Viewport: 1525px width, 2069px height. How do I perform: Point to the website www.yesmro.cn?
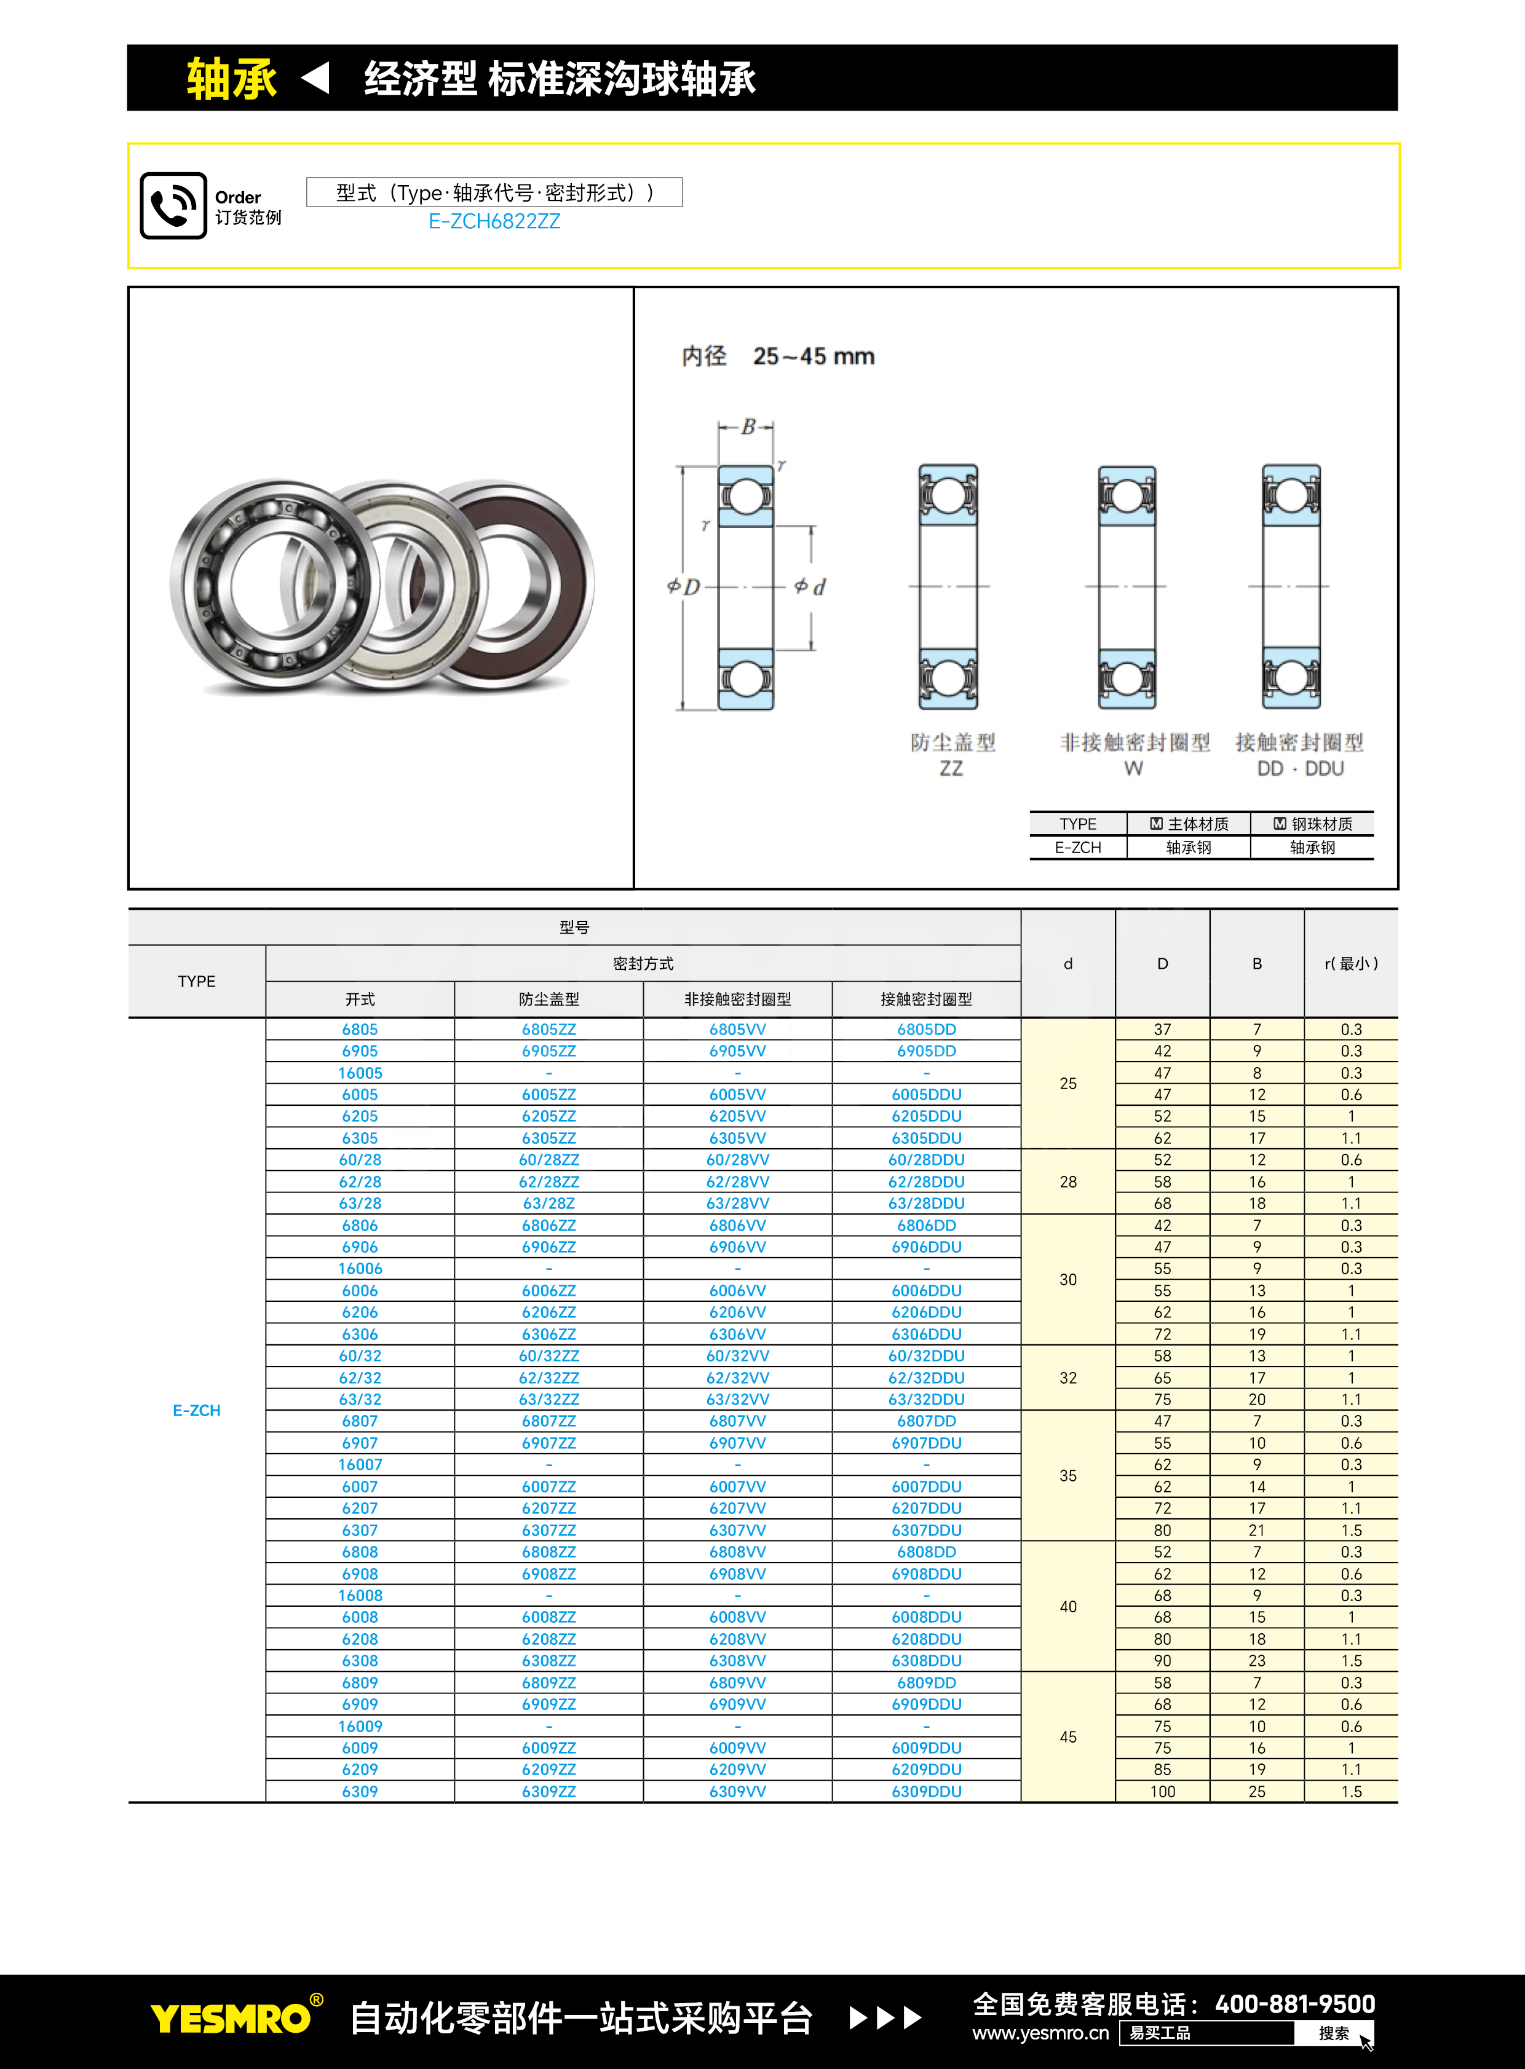[x=1040, y=2033]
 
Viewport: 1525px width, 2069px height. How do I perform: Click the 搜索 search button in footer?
[x=1334, y=2033]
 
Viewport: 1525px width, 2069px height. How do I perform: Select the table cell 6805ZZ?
[x=549, y=1029]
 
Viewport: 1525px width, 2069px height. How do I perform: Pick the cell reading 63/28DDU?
[x=926, y=1204]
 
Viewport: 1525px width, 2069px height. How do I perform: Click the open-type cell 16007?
[x=360, y=1465]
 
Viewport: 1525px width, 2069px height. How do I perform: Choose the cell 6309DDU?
[x=926, y=1791]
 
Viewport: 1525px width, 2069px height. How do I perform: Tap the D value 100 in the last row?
[x=1162, y=1791]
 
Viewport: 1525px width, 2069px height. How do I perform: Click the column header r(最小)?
[x=1350, y=963]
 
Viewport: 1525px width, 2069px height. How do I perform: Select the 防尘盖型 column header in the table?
[x=549, y=999]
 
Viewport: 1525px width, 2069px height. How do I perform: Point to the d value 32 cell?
[x=1068, y=1377]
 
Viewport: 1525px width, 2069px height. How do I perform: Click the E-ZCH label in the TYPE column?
[x=197, y=1410]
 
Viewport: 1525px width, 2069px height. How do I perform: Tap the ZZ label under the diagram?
[x=951, y=769]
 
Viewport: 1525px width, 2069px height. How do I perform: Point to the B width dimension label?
[x=748, y=427]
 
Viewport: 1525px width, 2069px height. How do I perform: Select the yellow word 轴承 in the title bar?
[x=231, y=79]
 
